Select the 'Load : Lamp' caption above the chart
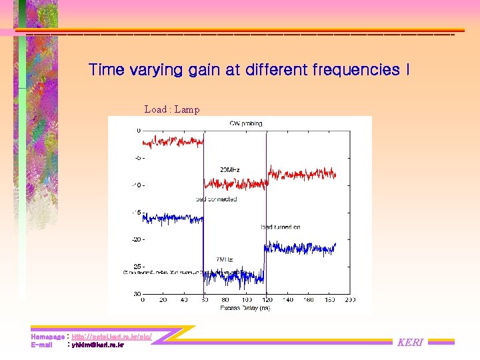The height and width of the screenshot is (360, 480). click(x=171, y=109)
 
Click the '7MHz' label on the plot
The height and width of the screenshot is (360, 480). click(x=224, y=260)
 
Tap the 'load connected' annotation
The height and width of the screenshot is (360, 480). click(x=217, y=199)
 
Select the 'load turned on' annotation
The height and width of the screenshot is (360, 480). click(x=281, y=227)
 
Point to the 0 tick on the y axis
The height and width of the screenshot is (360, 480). click(x=139, y=130)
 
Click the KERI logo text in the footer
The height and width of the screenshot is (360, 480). click(x=410, y=343)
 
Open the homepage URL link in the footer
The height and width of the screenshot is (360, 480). click(x=111, y=337)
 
